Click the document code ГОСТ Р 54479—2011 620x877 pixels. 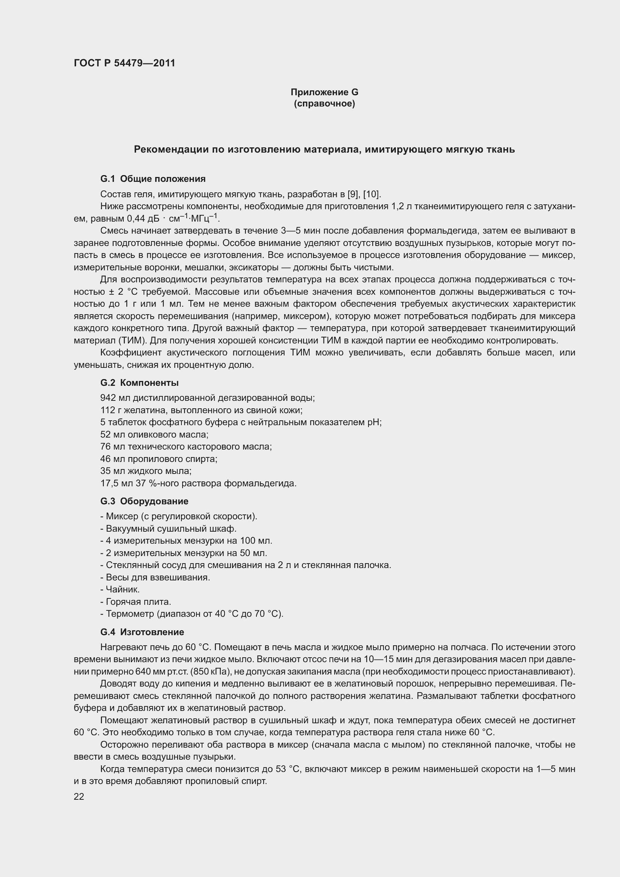coord(124,63)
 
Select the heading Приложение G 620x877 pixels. coord(324,92)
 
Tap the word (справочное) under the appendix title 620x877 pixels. coord(324,104)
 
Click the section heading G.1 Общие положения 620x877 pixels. coord(153,179)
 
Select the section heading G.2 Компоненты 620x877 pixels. coord(139,383)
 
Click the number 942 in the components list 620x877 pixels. coord(108,398)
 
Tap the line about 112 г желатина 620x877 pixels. coord(201,410)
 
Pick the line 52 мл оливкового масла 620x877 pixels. coord(154,434)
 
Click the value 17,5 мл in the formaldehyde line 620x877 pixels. coord(112,483)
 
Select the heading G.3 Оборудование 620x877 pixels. coord(144,501)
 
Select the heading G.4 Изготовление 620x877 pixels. coord(142,632)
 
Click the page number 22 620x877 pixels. coord(79,796)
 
